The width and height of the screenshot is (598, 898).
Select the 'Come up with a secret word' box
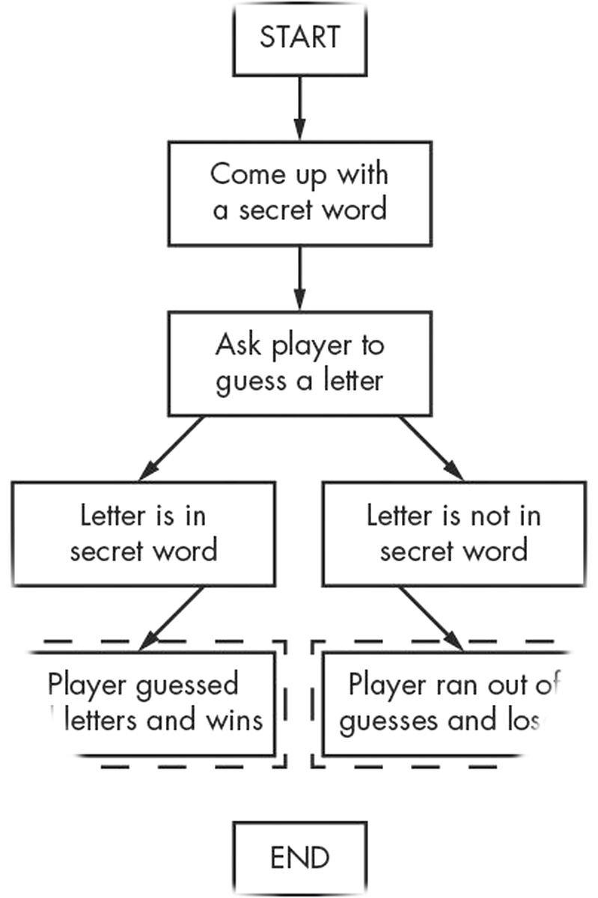(299, 192)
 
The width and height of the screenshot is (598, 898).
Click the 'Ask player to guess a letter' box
(299, 364)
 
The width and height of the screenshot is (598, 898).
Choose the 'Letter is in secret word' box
(143, 534)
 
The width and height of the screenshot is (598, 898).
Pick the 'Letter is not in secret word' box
(453, 534)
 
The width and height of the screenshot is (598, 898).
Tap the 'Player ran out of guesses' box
(445, 703)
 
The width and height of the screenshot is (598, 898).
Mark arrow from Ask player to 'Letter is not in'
(430, 448)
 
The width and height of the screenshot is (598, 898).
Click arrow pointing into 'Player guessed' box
(171, 618)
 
